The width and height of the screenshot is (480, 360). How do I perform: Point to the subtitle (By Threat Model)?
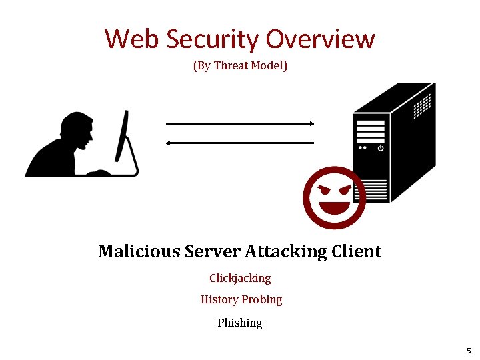pyautogui.click(x=240, y=66)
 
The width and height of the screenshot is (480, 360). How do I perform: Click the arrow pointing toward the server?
pyautogui.click(x=240, y=123)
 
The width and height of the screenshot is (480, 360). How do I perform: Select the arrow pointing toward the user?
pyautogui.click(x=240, y=143)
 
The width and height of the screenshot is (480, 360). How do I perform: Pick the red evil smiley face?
pyautogui.click(x=334, y=198)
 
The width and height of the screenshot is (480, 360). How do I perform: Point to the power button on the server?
pyautogui.click(x=380, y=147)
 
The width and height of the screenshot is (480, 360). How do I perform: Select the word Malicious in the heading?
pyautogui.click(x=139, y=251)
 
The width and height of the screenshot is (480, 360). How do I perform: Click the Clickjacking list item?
pyautogui.click(x=240, y=278)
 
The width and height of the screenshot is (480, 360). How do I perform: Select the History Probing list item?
pyautogui.click(x=241, y=300)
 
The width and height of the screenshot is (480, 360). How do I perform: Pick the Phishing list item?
pyautogui.click(x=240, y=323)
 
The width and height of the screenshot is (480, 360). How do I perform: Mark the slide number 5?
pyautogui.click(x=469, y=351)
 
